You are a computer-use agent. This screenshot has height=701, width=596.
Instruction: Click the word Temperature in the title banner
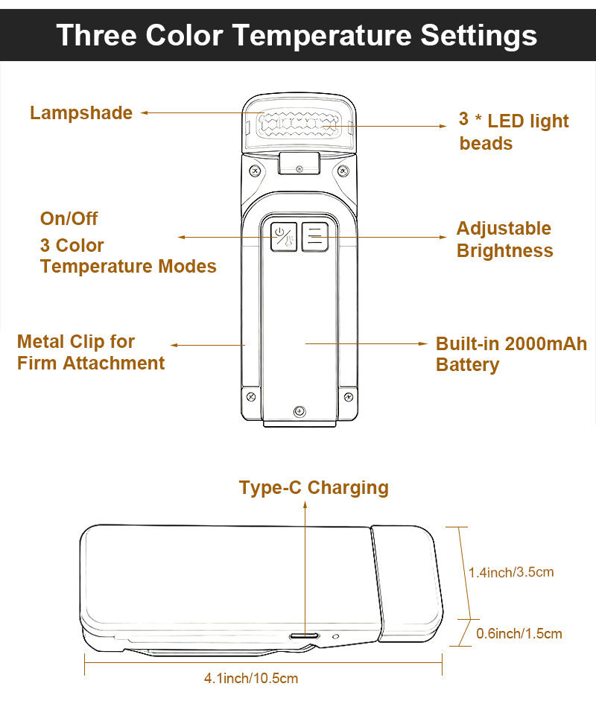322,36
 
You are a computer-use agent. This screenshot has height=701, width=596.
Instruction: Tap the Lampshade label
81,112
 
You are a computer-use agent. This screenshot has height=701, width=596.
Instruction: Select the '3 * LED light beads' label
514,132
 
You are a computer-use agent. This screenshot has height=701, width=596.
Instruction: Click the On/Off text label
69,218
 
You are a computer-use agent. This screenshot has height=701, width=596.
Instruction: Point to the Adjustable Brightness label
505,239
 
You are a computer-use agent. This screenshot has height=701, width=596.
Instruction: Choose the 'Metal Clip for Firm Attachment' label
91,352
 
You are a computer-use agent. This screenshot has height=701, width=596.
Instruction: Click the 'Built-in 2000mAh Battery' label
512,354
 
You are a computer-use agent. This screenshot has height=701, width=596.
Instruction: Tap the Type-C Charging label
314,488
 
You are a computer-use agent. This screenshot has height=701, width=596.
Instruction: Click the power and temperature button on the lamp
284,236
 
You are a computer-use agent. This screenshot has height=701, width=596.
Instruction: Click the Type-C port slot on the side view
304,635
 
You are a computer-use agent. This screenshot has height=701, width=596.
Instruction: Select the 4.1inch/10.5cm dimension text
251,678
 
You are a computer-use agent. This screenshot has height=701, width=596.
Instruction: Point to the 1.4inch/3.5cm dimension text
511,572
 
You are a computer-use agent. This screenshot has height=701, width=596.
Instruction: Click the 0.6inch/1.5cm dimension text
519,633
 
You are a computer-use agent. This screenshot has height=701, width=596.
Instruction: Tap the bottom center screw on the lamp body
299,411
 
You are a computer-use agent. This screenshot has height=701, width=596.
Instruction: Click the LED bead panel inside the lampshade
299,124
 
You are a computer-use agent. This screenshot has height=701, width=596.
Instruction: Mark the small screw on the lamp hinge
299,169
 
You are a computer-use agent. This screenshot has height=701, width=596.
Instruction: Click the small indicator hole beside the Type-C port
336,636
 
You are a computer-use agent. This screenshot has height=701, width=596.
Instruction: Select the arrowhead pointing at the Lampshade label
145,113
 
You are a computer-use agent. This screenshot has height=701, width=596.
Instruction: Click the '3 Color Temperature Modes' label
128,256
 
